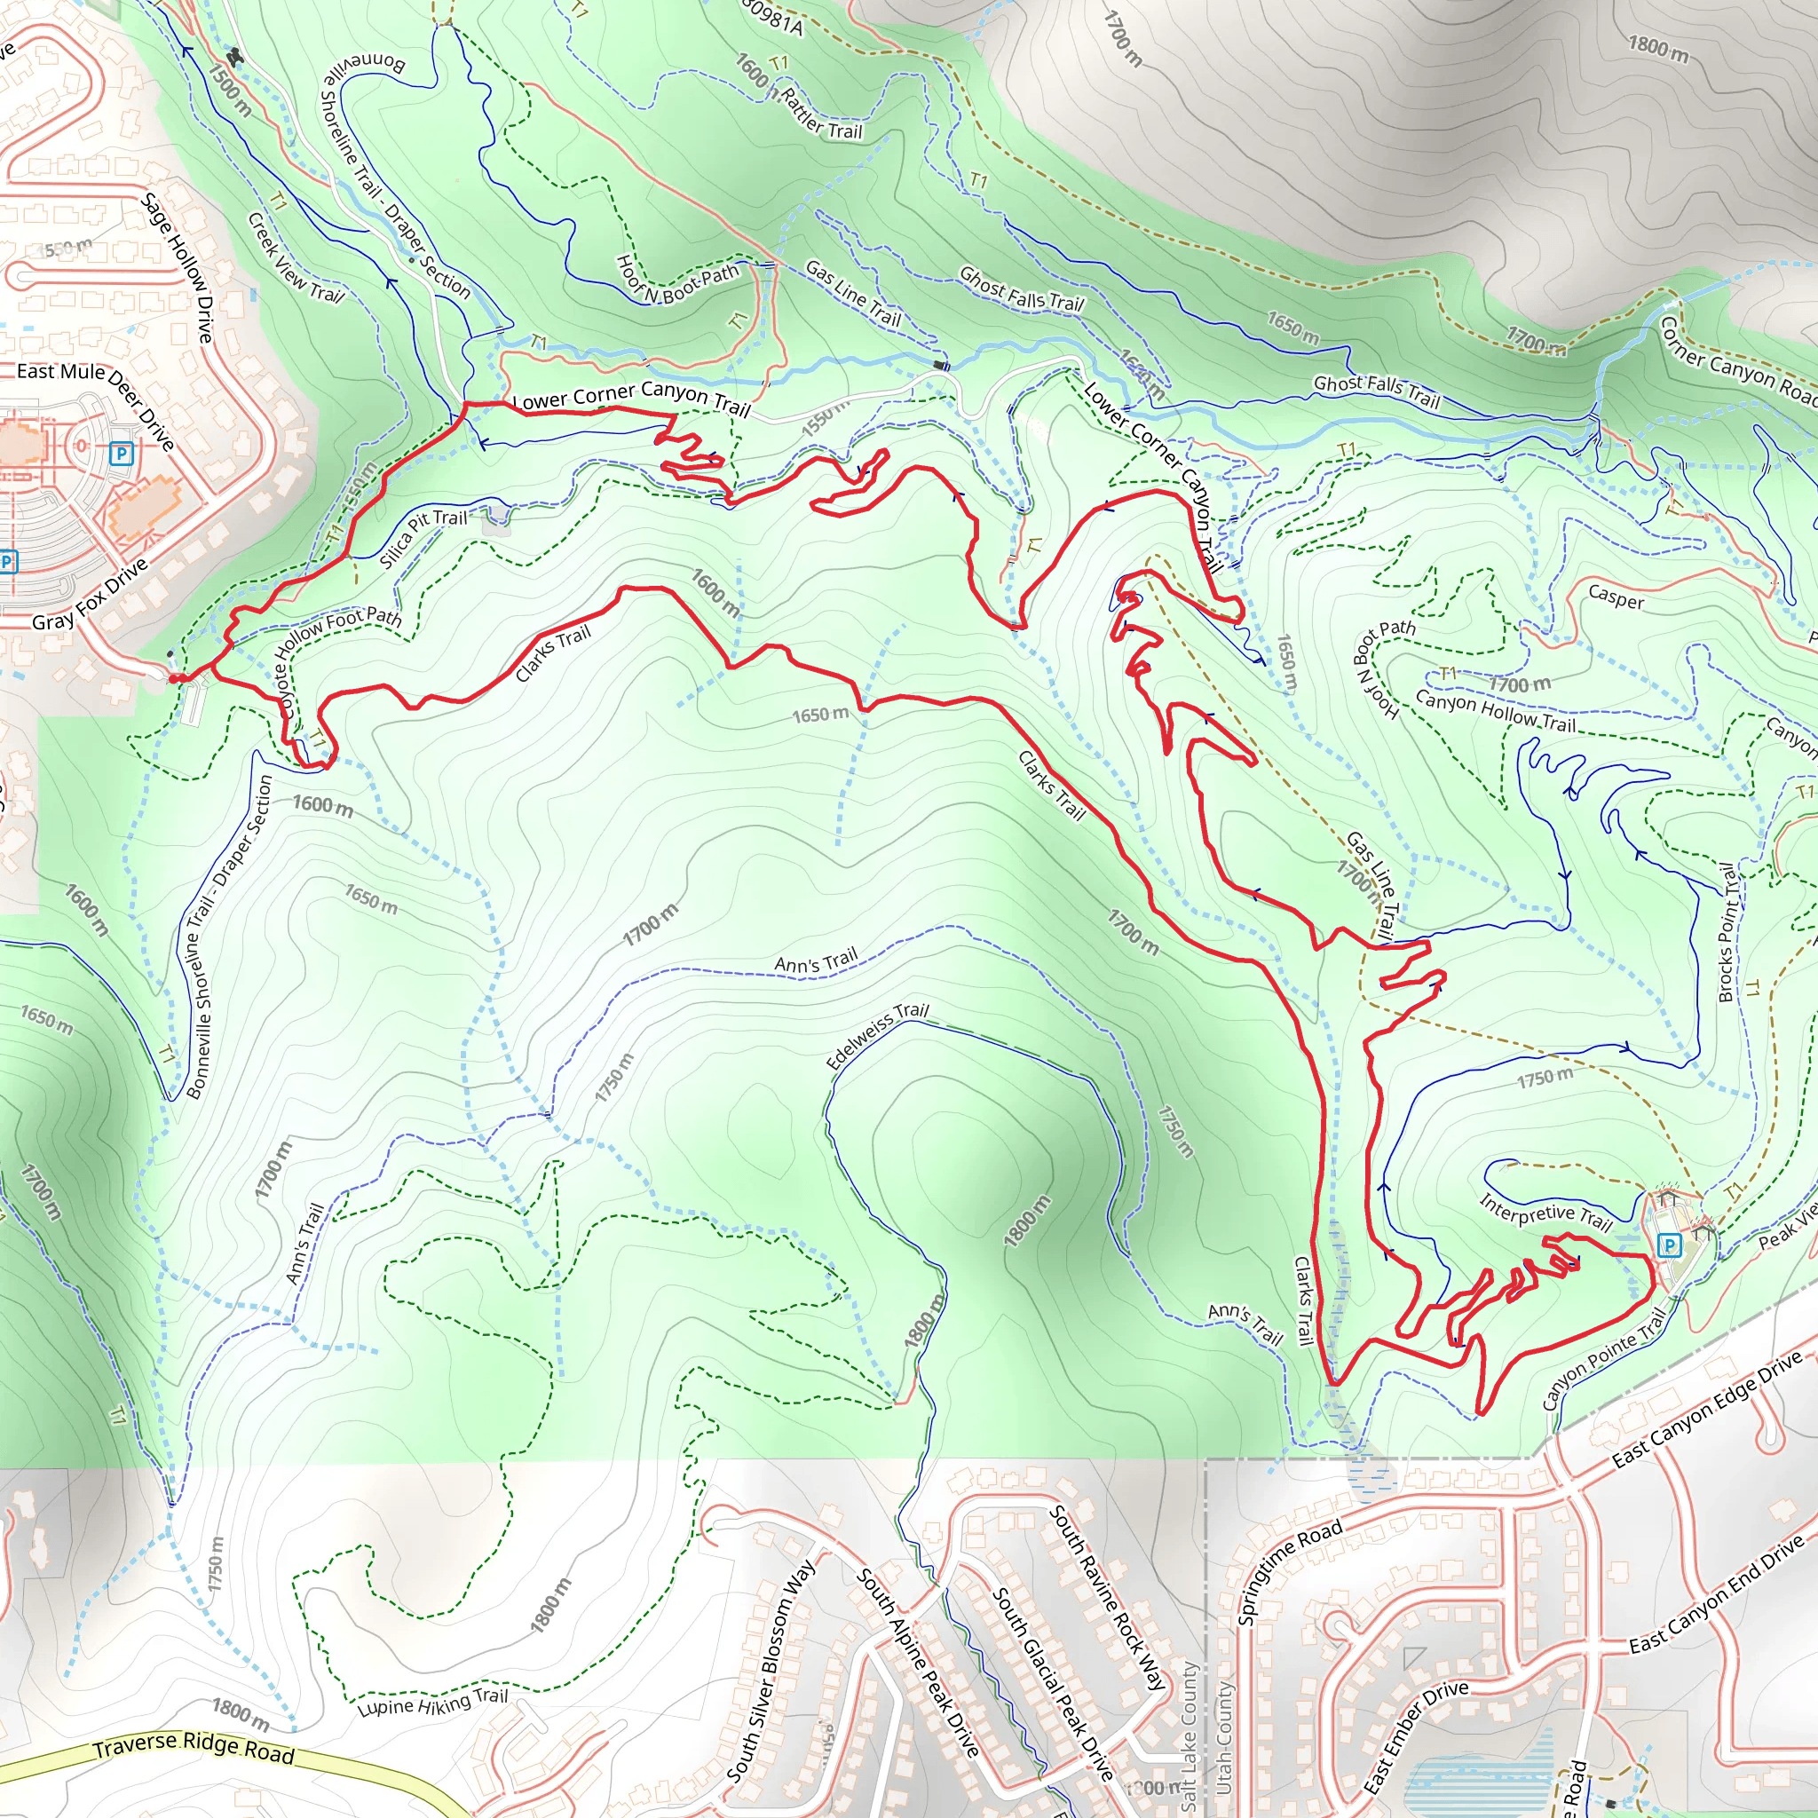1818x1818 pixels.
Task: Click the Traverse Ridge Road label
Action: (x=193, y=1746)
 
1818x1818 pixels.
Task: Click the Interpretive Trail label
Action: (x=1545, y=1213)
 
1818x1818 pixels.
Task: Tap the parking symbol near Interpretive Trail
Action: (x=1670, y=1245)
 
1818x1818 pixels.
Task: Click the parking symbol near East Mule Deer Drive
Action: (x=121, y=454)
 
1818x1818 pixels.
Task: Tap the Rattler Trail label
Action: (x=821, y=114)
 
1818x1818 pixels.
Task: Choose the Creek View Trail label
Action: (x=296, y=257)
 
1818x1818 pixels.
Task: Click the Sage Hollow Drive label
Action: (x=178, y=267)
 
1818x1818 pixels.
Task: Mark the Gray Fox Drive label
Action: (x=91, y=595)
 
